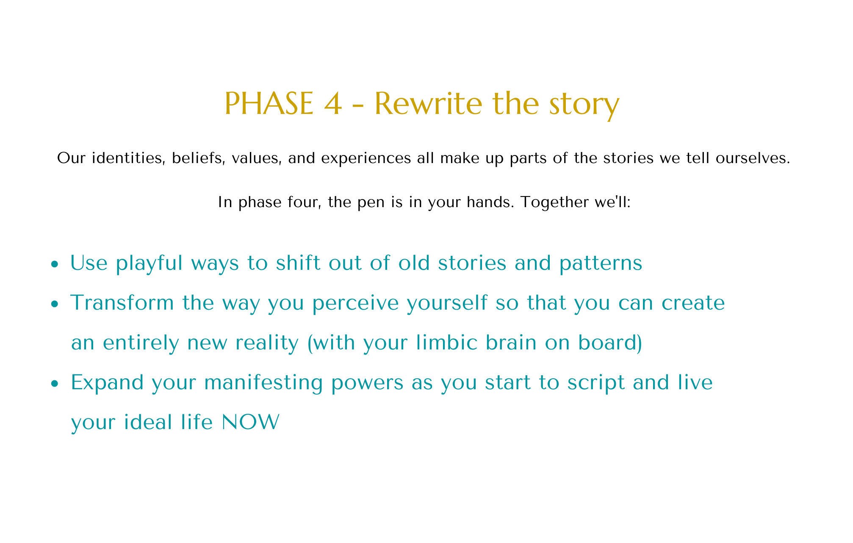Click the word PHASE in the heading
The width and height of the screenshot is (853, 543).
(269, 104)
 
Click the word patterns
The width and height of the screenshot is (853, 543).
(601, 263)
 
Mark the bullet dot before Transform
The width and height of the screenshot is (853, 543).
(54, 305)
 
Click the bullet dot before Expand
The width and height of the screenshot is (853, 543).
(54, 384)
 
